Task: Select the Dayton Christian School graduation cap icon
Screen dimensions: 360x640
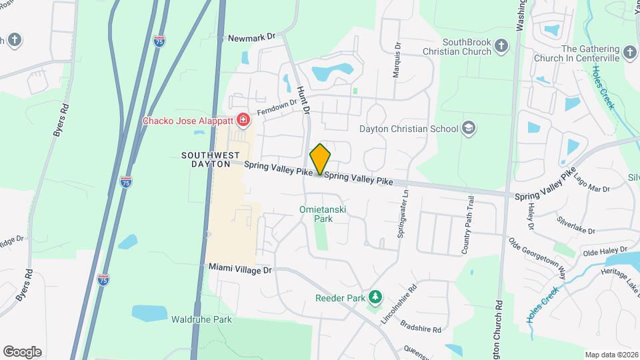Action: (x=469, y=129)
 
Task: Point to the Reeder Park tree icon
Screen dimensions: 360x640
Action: (x=376, y=296)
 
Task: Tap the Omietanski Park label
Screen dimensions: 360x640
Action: (x=323, y=214)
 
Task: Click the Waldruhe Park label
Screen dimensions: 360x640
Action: (x=201, y=319)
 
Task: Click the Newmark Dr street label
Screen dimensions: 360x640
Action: (x=251, y=38)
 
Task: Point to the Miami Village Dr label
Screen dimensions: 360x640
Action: (x=240, y=269)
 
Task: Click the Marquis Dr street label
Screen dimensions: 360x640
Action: (x=397, y=61)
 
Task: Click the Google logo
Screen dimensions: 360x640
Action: (x=22, y=352)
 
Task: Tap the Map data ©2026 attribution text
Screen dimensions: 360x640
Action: (x=611, y=355)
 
